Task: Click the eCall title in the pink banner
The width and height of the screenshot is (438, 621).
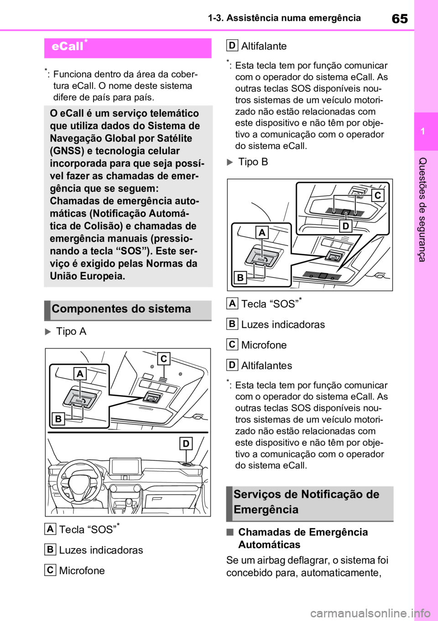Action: (68, 46)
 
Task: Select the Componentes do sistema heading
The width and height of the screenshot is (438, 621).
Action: (121, 309)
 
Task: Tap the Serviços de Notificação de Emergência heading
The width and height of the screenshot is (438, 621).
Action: (306, 502)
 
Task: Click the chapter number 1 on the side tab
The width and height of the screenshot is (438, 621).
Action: (423, 131)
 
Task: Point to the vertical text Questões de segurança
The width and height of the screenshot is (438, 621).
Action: (422, 209)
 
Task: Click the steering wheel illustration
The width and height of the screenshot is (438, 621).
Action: (79, 481)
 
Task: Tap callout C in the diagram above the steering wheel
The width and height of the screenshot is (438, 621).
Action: (163, 359)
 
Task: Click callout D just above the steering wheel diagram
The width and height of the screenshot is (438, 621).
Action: (186, 443)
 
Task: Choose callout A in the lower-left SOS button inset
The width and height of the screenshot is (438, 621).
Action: (80, 374)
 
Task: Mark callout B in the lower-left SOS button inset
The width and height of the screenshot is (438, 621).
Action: (58, 419)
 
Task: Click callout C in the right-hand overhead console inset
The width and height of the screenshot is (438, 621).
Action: (378, 196)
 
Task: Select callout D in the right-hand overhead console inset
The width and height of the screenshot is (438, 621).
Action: (346, 226)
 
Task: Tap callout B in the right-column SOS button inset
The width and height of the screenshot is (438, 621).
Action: (240, 277)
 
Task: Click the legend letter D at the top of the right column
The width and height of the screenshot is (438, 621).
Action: (232, 45)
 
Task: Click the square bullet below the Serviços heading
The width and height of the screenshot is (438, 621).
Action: (230, 532)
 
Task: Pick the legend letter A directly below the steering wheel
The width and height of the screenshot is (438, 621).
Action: (50, 529)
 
